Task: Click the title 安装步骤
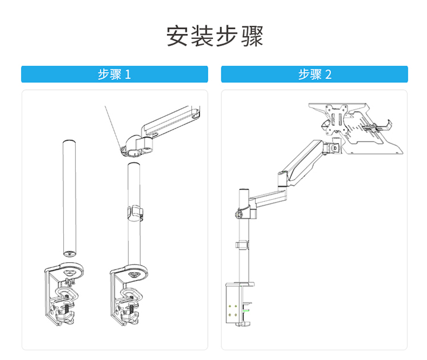pos(215,36)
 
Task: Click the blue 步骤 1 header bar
pos(114,75)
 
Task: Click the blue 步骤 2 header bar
pos(314,75)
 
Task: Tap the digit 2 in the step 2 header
pos(329,75)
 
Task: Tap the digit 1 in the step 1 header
pos(128,75)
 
